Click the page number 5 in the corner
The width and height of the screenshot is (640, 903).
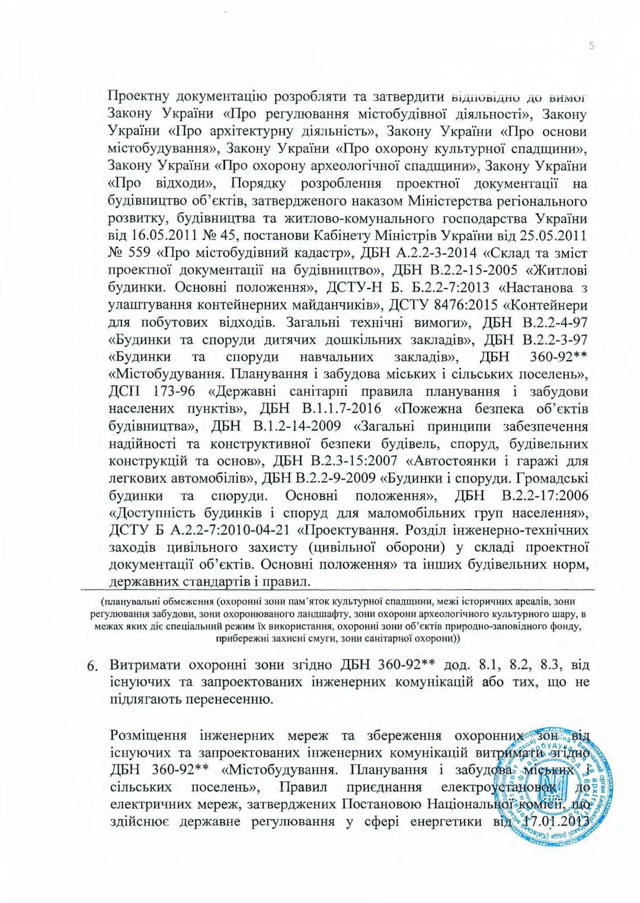click(591, 46)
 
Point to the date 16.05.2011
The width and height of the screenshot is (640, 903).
click(167, 236)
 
